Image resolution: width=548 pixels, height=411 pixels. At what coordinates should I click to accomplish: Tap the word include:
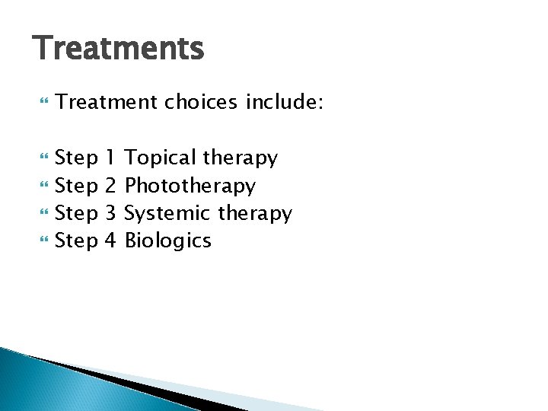(x=285, y=103)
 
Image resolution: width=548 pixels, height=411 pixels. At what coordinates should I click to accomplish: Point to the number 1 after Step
(x=110, y=158)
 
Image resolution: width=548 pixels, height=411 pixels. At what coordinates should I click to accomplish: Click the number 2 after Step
(x=110, y=186)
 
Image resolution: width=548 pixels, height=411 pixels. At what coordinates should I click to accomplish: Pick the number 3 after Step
(x=110, y=213)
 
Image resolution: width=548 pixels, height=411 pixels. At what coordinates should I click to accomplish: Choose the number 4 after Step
(x=110, y=241)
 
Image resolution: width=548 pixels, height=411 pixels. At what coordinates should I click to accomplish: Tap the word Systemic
(x=167, y=213)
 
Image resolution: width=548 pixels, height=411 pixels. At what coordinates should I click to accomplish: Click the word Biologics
(x=167, y=241)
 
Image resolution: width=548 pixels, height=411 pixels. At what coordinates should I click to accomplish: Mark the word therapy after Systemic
(x=255, y=214)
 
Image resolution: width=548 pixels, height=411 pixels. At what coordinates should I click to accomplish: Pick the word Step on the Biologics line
(x=78, y=241)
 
